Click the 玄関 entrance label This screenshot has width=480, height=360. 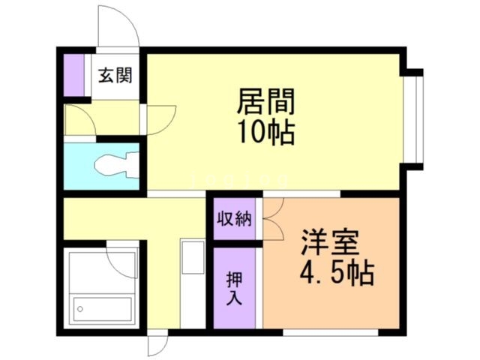pyautogui.click(x=115, y=75)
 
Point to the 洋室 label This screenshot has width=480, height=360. pyautogui.click(x=330, y=243)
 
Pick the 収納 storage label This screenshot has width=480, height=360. pyautogui.click(x=234, y=220)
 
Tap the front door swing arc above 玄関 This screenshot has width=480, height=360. pyautogui.click(x=118, y=26)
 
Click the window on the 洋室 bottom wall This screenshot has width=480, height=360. pyautogui.click(x=330, y=331)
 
